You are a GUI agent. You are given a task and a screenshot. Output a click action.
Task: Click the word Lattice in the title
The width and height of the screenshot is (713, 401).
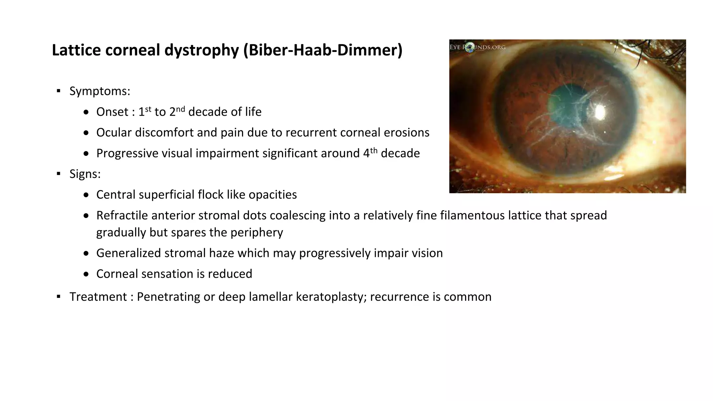(75, 50)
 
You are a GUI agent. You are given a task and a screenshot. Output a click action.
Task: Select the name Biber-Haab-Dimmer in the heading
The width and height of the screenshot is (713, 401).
(323, 50)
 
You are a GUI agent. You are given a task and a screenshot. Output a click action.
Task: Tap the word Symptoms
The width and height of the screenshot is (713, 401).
(99, 91)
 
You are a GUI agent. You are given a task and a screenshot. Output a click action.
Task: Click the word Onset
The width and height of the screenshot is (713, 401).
(112, 112)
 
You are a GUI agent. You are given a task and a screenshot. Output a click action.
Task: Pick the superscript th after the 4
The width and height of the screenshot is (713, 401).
(374, 150)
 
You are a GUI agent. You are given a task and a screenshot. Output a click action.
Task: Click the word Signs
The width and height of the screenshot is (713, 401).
(85, 174)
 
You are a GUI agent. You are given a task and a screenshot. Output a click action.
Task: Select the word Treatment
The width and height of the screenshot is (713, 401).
(98, 297)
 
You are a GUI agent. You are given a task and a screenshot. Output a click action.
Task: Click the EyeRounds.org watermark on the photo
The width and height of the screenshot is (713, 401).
(477, 47)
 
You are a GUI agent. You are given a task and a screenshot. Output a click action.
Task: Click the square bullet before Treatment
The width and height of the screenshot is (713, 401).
(58, 297)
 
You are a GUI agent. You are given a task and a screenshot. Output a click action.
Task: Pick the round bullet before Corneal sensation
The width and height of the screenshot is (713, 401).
(86, 274)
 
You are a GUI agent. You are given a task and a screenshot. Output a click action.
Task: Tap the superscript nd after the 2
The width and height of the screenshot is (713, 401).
(180, 109)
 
